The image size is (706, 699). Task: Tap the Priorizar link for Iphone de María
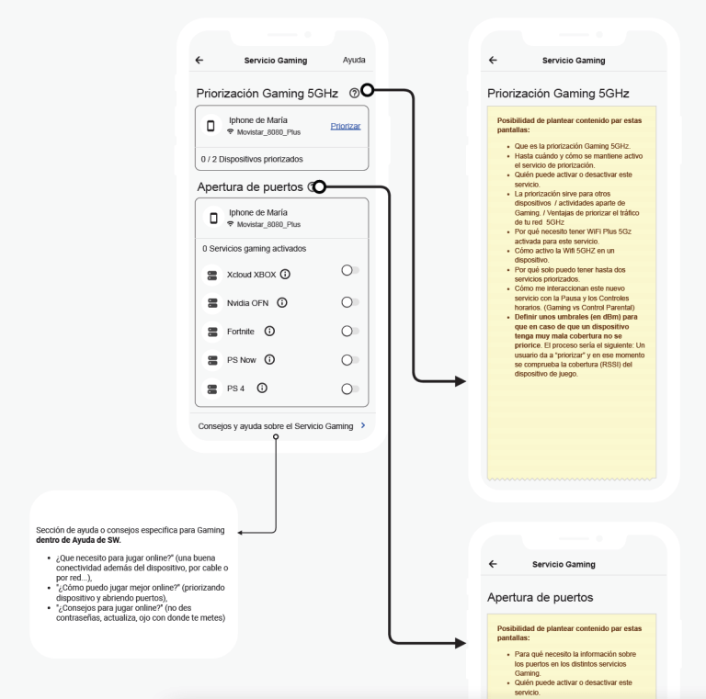(345, 126)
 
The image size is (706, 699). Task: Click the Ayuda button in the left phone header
(354, 61)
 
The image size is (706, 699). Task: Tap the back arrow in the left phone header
(199, 61)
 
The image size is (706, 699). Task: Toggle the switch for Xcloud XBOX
(349, 270)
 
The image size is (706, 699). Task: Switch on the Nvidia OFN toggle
(349, 302)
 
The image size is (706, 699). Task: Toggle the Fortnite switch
(349, 331)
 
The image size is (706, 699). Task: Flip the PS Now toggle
(349, 360)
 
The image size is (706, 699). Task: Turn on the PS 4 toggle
(349, 389)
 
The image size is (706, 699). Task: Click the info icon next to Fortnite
(268, 331)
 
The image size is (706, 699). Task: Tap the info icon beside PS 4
(262, 389)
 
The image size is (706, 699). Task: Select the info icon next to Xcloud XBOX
(285, 274)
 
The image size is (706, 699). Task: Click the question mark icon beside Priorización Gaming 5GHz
(354, 93)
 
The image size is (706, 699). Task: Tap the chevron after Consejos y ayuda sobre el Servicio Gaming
(363, 426)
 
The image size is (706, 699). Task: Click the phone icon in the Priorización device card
(211, 126)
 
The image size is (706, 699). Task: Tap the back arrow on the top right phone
(493, 61)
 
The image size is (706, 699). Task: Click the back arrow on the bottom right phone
(493, 564)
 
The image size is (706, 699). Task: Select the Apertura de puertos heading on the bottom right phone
(540, 597)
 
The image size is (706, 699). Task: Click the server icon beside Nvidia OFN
(212, 302)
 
